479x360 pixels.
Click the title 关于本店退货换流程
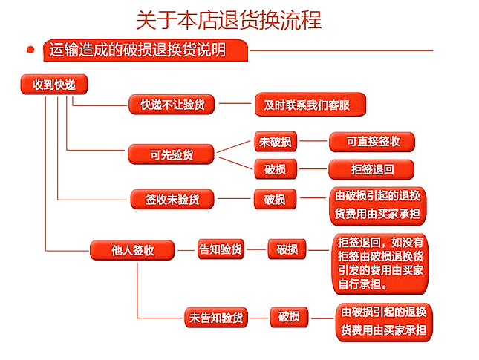(x=229, y=19)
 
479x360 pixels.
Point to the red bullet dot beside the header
(x=30, y=50)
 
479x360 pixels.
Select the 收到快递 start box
(x=54, y=85)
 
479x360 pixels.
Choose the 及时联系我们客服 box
(x=310, y=105)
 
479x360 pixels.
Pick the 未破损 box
(x=275, y=141)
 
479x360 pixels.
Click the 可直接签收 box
(x=371, y=141)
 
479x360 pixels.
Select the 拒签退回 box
(x=371, y=169)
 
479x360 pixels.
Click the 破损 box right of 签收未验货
(x=275, y=200)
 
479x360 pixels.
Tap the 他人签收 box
(x=133, y=250)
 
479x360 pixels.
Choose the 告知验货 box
(x=221, y=249)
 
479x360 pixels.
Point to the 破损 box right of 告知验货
(x=287, y=249)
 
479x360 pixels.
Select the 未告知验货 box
(x=215, y=318)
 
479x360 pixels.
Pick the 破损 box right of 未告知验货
(x=289, y=317)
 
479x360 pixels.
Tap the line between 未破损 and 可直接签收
(x=312, y=141)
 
